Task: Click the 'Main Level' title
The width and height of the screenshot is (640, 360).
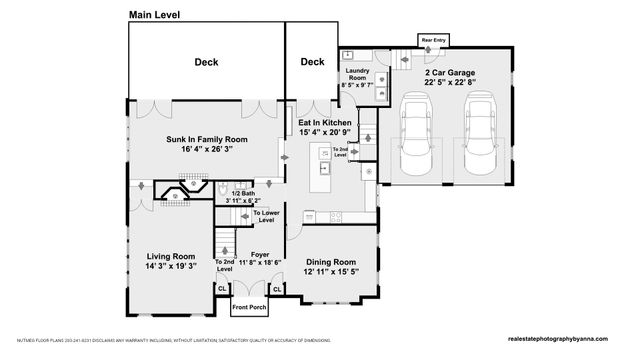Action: point(155,15)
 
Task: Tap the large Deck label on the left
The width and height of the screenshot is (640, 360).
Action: point(206,62)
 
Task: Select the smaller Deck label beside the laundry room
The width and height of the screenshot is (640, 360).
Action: point(313,62)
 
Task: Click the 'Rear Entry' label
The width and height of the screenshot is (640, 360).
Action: point(434,40)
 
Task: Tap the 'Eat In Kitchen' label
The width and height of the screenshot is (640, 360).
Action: point(326,122)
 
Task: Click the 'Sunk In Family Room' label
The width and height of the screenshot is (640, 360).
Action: point(207,139)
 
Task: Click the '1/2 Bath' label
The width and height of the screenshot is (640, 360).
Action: point(238,193)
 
